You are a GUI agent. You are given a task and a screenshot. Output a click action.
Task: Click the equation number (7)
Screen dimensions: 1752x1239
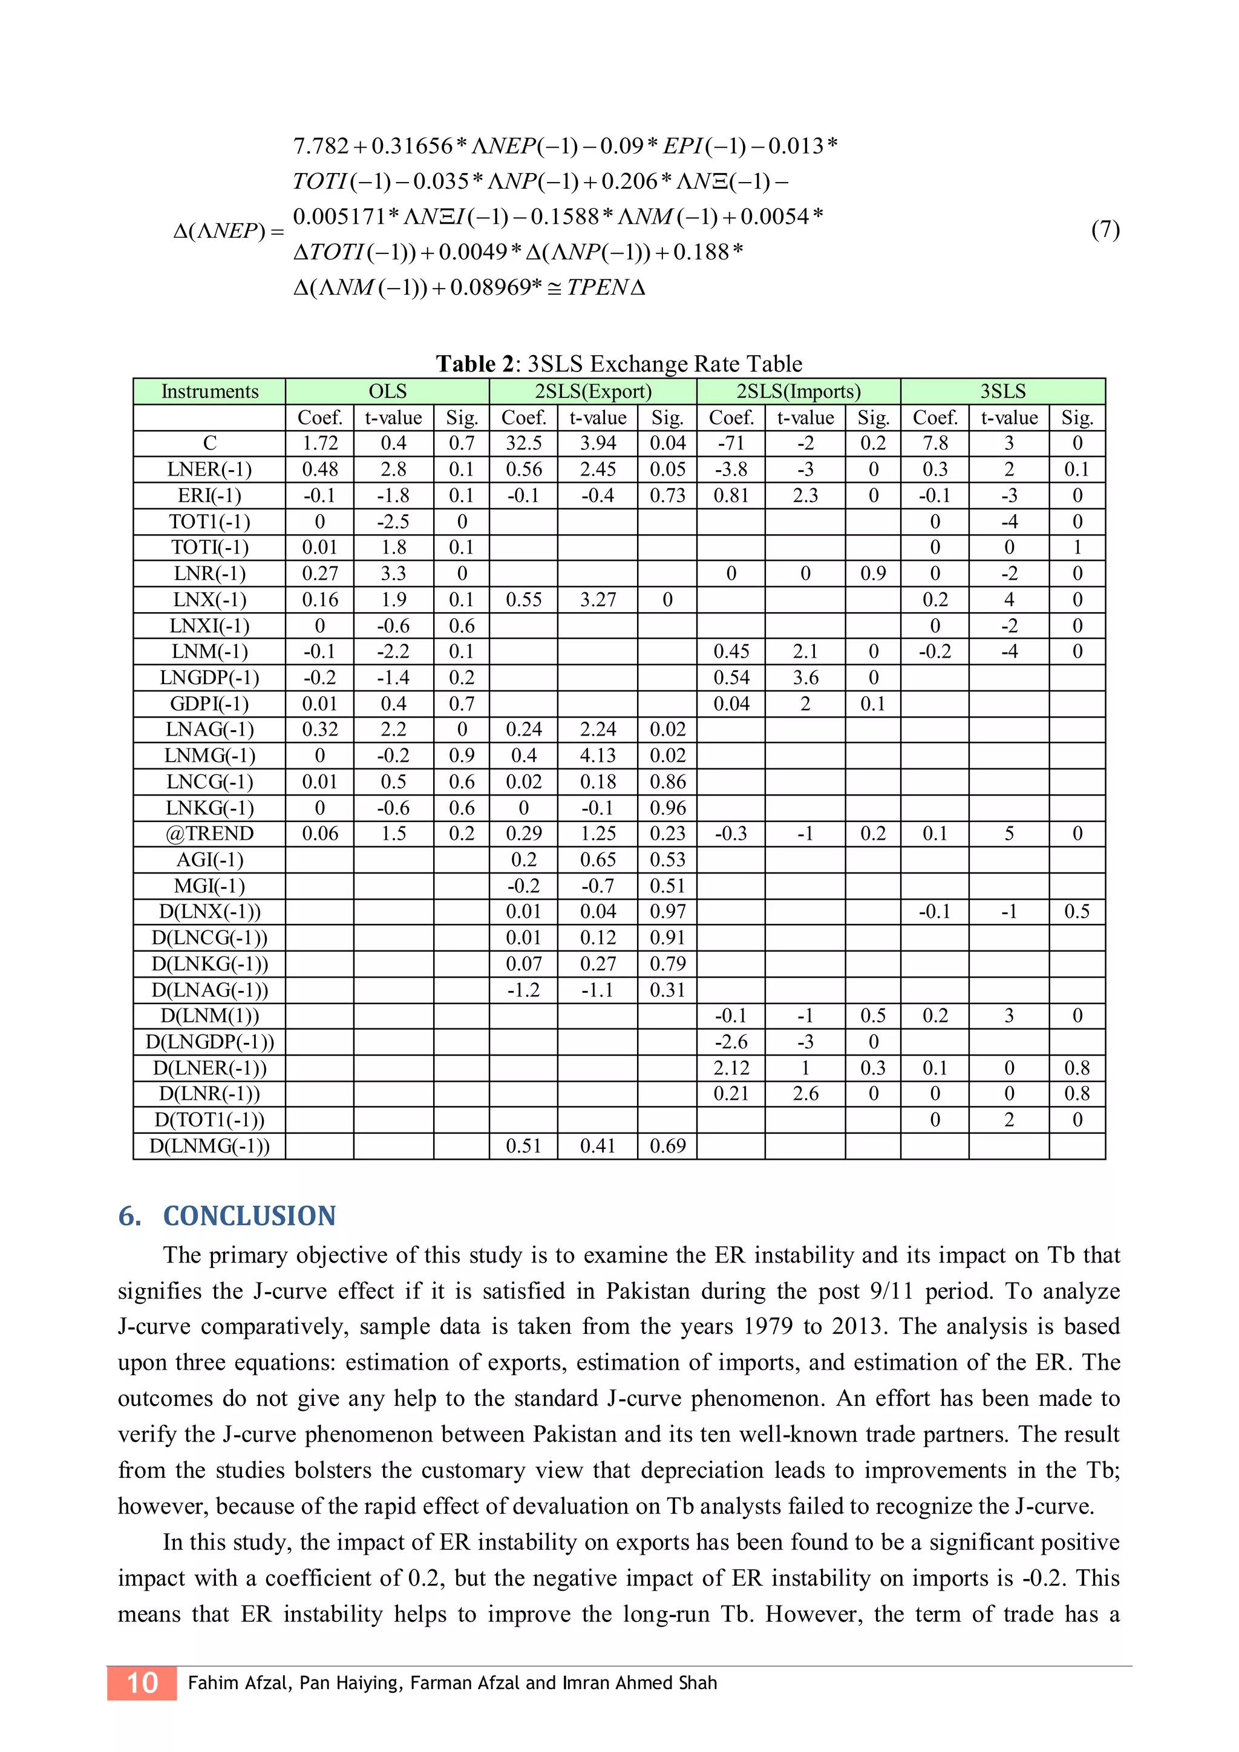tap(1105, 230)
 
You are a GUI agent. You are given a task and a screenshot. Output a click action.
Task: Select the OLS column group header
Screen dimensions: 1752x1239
tap(388, 391)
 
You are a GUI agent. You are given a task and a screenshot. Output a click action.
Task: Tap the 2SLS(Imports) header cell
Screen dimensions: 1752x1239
tap(798, 391)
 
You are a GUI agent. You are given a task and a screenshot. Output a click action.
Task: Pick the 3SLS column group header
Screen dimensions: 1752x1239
tap(1002, 391)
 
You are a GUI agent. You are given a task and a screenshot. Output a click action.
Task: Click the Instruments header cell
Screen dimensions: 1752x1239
tap(210, 391)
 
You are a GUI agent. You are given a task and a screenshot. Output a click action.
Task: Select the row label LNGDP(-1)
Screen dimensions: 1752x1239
tap(210, 678)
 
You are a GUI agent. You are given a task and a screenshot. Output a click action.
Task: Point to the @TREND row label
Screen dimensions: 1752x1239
tap(210, 833)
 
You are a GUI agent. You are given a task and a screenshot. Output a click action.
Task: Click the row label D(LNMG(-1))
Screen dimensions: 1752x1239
tap(210, 1146)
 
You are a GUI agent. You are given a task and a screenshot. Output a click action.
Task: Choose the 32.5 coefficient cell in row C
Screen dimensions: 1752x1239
tap(523, 443)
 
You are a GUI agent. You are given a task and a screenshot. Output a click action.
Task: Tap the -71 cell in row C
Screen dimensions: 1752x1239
tap(731, 443)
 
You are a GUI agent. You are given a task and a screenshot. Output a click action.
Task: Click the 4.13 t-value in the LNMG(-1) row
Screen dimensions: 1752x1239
tap(597, 756)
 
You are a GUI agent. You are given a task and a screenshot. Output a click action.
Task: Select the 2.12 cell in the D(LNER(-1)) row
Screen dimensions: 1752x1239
tap(731, 1068)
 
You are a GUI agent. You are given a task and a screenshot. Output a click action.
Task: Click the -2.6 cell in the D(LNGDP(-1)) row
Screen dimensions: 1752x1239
tap(731, 1042)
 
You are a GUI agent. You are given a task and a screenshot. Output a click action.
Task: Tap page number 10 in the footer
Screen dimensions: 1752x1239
tap(142, 1682)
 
